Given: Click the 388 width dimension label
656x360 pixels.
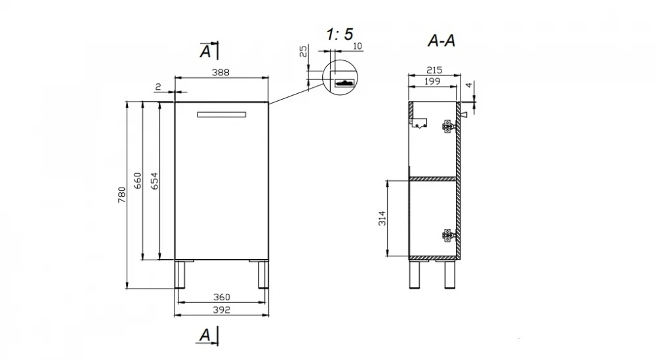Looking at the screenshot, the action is click(220, 72).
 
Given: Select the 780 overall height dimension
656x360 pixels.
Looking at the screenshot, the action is click(121, 195).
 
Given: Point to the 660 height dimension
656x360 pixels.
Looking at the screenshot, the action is click(138, 180).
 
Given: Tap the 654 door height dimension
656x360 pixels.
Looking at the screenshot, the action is click(154, 180).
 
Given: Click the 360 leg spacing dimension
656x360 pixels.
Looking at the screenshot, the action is click(221, 297).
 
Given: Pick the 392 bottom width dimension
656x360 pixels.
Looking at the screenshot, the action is click(221, 310).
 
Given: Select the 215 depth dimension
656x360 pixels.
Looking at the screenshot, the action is click(434, 70).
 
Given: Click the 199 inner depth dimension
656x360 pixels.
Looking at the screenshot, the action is click(432, 81).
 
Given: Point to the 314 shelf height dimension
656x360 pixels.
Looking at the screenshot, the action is click(382, 218).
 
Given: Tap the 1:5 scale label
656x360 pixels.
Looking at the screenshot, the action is click(339, 34).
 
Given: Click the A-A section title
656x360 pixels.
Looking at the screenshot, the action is click(441, 41).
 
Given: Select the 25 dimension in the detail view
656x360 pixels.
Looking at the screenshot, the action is click(303, 51).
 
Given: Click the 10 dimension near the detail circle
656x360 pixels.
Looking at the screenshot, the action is click(358, 46).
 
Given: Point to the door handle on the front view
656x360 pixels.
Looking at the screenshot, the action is click(221, 115).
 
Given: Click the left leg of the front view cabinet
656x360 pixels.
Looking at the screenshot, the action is click(180, 274).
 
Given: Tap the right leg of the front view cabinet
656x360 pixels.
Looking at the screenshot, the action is click(263, 274).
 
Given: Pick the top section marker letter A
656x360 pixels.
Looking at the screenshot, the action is click(205, 52).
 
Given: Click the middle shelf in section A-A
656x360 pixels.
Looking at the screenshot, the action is click(432, 179).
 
